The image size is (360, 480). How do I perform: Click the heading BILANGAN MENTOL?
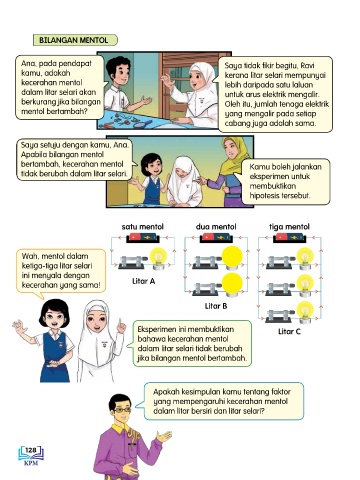(x=74, y=40)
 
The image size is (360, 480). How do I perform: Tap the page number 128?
(x=31, y=450)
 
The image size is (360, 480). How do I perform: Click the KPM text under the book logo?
(x=31, y=463)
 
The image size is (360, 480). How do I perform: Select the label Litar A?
(x=143, y=281)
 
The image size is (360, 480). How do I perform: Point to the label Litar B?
(x=216, y=306)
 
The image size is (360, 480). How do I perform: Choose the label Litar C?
(x=289, y=332)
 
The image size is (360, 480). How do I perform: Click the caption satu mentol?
(x=143, y=227)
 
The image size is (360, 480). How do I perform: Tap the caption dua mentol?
(x=216, y=227)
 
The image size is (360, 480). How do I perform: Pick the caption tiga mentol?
(x=289, y=227)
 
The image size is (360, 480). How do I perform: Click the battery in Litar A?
(x=143, y=238)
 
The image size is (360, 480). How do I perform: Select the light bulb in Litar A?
(x=158, y=259)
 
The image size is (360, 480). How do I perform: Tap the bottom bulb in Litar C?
(x=305, y=312)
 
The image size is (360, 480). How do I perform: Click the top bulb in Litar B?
(x=232, y=258)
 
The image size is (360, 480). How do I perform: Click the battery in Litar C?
(x=289, y=238)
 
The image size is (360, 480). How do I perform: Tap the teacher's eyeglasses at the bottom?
(x=121, y=410)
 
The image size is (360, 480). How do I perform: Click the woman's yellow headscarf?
(x=235, y=154)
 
